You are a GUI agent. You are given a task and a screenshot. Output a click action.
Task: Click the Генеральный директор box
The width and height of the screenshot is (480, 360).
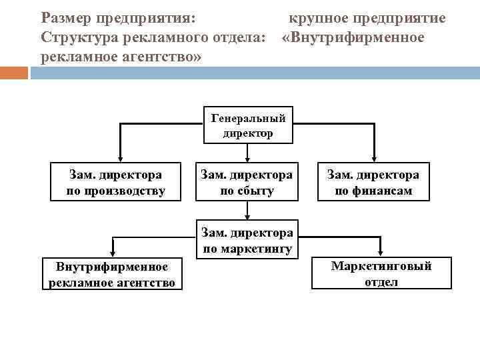pos(248,125)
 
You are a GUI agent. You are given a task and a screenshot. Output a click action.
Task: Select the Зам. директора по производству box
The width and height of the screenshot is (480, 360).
pos(115,183)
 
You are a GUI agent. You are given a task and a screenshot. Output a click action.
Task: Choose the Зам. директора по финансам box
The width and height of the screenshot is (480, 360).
pos(373,183)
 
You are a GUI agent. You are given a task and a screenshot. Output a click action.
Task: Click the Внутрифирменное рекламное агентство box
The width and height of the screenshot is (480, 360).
pos(112,274)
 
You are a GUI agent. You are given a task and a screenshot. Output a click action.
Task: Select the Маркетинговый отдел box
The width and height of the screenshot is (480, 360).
pos(381,273)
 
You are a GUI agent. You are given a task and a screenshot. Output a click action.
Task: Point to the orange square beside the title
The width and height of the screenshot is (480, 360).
pos(14,72)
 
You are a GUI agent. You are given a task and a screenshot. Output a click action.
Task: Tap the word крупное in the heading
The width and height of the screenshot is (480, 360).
pos(318,17)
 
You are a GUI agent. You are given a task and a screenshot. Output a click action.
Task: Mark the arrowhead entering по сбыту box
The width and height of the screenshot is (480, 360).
pos(247,157)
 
